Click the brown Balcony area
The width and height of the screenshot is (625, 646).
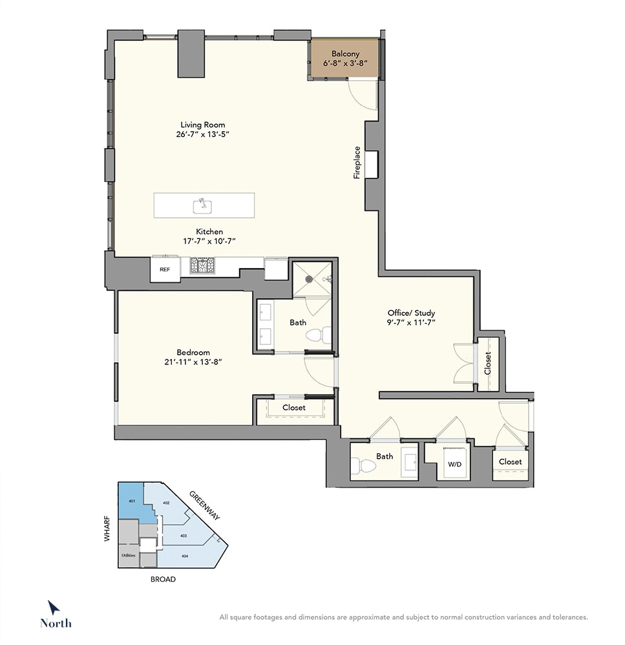pos(344,58)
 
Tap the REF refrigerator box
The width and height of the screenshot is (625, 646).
pos(165,269)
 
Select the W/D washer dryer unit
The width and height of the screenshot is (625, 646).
pos(454,463)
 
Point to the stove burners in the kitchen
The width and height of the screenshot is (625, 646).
pos(202,266)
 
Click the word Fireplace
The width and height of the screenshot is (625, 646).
pos(357,162)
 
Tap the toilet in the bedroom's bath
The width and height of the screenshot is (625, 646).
pos(319,335)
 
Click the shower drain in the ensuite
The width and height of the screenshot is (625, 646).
pos(309,279)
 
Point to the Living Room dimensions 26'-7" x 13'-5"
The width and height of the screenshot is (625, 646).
pos(202,134)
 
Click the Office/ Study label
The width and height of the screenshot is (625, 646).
pos(411,313)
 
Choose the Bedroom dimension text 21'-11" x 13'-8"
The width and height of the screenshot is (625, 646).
pos(193,362)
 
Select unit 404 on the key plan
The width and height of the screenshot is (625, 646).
pos(185,556)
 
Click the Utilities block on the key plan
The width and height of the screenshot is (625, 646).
pos(128,555)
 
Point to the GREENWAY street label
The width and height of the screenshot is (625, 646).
pos(204,506)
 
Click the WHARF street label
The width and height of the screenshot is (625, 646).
pos(107,528)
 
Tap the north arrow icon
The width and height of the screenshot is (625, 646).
pos(53,608)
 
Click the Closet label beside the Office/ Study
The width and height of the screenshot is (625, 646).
pos(488,363)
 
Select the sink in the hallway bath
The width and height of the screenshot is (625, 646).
pos(410,463)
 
